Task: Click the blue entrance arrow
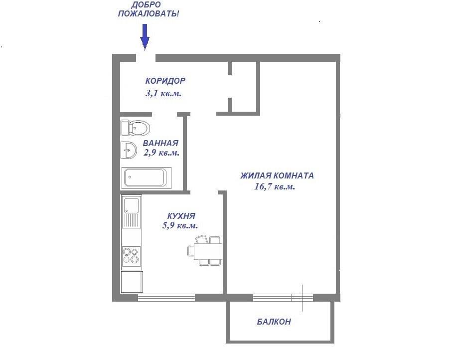click(145, 37)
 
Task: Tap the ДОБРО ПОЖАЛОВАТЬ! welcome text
click(149, 9)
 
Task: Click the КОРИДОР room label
click(165, 81)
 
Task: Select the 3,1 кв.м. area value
click(163, 93)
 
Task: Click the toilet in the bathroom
click(135, 128)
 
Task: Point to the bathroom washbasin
click(129, 150)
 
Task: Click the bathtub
click(146, 178)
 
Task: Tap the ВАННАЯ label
click(160, 143)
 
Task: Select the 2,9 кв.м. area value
click(161, 153)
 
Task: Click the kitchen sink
click(132, 211)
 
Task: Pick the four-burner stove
click(132, 255)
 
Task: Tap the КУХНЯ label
click(181, 216)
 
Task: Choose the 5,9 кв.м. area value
click(180, 225)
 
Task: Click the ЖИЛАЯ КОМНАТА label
click(277, 176)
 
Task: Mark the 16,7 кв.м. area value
click(275, 186)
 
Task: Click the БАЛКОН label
click(274, 322)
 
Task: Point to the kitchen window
click(166, 298)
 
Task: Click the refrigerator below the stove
click(132, 282)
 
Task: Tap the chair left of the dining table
click(191, 251)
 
